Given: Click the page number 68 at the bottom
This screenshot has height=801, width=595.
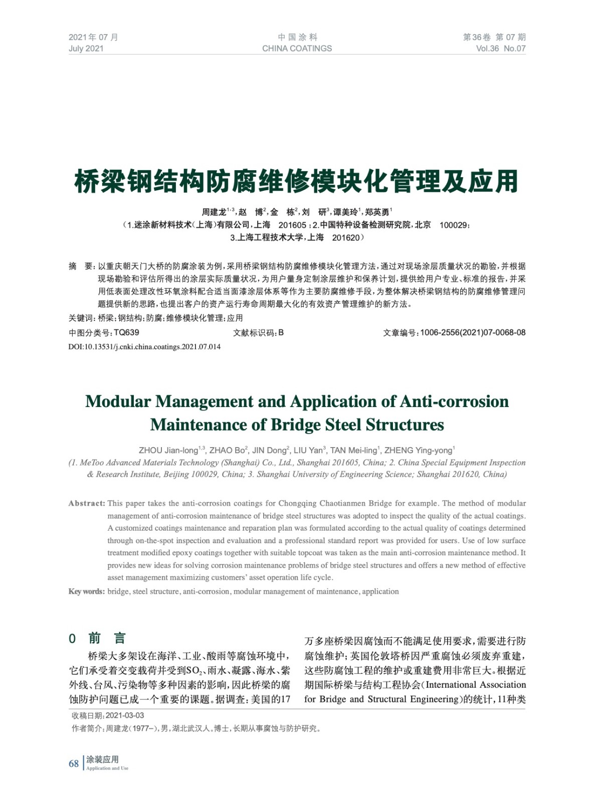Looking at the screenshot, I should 74,763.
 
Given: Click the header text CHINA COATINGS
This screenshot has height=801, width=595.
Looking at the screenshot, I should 297,49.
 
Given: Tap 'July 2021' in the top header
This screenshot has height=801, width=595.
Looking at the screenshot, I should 86,49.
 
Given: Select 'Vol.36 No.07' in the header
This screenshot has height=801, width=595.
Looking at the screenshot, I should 500,49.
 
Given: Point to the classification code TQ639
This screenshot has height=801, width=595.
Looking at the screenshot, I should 126,332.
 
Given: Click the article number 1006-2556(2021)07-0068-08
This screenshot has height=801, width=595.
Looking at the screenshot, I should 473,332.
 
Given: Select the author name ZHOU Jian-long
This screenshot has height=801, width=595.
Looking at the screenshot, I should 169,450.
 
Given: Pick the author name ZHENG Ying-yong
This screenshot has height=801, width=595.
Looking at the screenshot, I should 418,450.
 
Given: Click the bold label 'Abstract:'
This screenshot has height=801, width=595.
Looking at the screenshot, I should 87,503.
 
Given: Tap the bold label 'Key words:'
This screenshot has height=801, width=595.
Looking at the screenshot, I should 87,591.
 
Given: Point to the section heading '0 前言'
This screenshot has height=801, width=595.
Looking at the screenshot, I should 97,638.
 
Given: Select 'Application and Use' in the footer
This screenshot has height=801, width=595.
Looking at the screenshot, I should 107,768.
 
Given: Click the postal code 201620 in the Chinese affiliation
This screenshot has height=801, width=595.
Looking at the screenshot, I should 346,238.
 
